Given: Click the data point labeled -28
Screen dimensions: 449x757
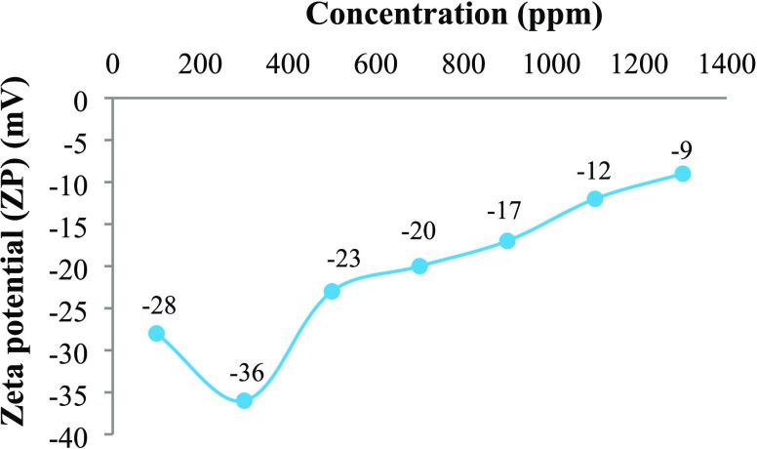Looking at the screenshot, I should click(156, 333).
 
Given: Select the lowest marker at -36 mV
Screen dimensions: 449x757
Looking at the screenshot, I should click(244, 400).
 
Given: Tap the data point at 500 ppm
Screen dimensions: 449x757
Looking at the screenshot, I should click(332, 291).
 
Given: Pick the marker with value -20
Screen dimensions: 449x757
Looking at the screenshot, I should click(419, 265).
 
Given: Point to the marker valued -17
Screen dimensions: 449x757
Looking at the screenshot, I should click(507, 240).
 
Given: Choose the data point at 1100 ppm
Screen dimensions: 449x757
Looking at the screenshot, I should click(595, 198).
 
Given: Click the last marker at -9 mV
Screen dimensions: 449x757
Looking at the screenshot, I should click(683, 174).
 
